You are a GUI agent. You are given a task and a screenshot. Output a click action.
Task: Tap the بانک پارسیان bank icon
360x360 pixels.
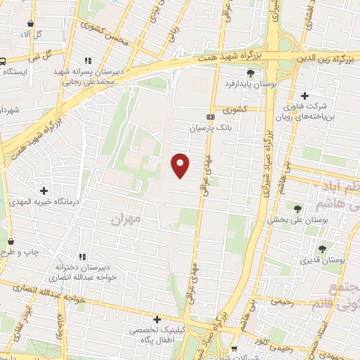coord(210,117)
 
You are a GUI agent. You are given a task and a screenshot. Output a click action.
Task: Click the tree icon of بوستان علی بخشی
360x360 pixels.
coord(297,208)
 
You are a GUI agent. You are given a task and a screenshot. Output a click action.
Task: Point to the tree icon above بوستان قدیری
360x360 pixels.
coord(322,248)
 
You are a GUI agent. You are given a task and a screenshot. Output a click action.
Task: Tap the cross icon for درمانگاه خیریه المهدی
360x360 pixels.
coord(44,191)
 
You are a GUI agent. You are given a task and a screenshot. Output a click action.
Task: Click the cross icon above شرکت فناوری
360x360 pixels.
coord(304,96)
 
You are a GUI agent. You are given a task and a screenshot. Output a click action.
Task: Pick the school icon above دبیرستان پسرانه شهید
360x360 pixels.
coord(88,61)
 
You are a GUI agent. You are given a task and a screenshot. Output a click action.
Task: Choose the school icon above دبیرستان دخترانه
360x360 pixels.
coord(83,257)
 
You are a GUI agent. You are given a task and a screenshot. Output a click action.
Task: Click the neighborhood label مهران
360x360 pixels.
coord(127,219)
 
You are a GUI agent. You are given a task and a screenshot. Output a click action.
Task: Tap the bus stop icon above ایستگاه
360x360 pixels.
coord(3,60)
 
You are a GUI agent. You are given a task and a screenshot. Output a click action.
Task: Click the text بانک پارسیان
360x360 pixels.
coord(210,129)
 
